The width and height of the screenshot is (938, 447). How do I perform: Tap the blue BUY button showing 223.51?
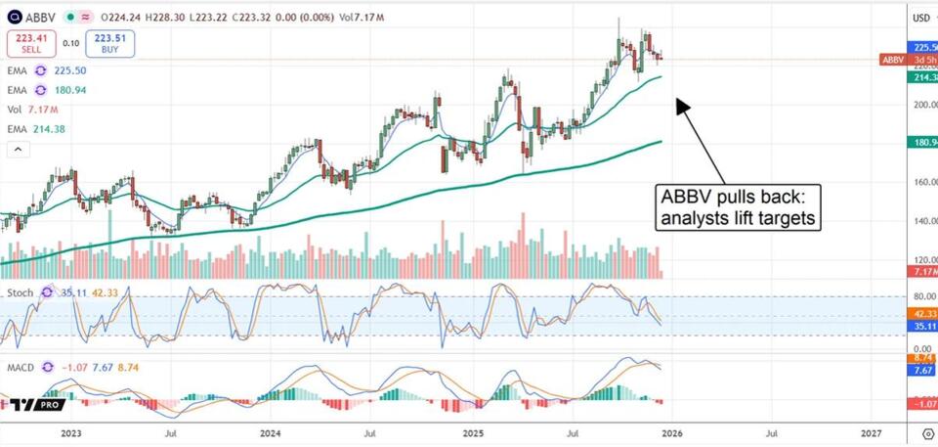tap(108, 43)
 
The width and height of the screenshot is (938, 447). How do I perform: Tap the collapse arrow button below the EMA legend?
tap(17, 149)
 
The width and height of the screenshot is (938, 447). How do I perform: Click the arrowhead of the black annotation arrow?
tap(681, 104)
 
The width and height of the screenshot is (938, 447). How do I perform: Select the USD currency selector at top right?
tap(921, 17)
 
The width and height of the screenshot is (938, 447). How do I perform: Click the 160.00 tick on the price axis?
tap(924, 182)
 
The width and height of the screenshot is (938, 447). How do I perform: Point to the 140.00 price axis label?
tap(924, 221)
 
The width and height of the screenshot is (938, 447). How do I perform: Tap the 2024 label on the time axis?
tap(271, 430)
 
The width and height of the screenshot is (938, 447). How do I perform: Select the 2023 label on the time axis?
tap(71, 430)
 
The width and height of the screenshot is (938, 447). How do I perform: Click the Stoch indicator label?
tap(21, 291)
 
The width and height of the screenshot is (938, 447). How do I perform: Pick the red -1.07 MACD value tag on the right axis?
tap(922, 403)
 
